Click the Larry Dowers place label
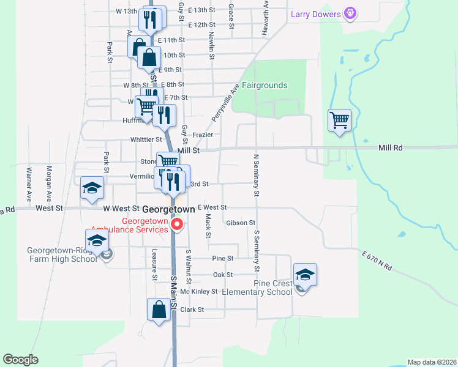pos(316,14)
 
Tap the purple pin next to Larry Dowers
pos(350,12)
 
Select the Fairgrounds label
pos(265,86)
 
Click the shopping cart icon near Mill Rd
pos(339,120)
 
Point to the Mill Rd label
pos(391,148)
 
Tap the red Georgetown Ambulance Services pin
pos(177,225)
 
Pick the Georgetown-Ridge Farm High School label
pos(62,254)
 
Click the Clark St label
pos(192,310)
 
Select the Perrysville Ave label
pos(224,102)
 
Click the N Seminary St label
pos(257,175)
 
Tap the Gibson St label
pos(240,223)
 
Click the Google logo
pos(21,360)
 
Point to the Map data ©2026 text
pos(432,362)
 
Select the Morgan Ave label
pos(48,183)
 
